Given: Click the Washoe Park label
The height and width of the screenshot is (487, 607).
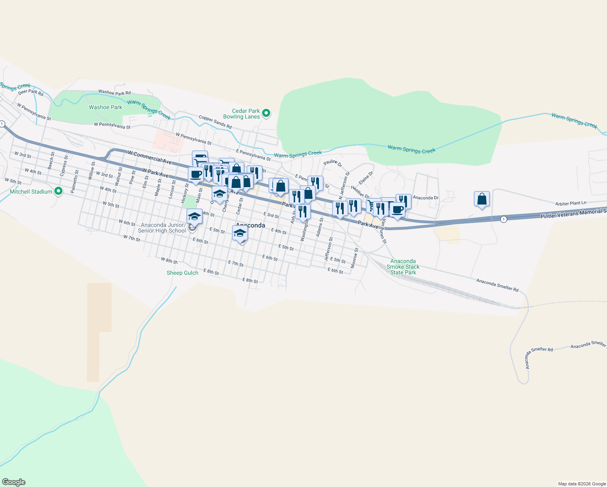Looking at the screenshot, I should point(105,107).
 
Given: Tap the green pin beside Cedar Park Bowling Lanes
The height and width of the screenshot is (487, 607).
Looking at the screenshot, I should point(266,113).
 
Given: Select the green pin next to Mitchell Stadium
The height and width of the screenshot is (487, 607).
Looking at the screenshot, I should point(58,191).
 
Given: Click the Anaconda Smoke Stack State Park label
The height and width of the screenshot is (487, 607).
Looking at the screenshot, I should point(403,267).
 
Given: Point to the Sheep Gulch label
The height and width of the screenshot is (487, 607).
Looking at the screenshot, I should point(183,273).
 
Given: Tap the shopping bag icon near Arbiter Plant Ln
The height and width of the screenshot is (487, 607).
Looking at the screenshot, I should point(482,199).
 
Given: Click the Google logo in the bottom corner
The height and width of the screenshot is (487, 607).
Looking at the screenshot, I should point(14,482).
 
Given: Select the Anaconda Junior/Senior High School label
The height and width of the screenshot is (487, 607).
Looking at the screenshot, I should point(162,228).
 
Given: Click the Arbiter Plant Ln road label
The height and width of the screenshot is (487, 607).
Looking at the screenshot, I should point(571,203).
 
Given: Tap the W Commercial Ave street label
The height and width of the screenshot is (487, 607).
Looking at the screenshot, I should point(150,157).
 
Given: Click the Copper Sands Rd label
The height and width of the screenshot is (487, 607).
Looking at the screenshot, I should point(215,122).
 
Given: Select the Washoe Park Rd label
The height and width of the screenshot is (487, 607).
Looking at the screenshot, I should point(114,93).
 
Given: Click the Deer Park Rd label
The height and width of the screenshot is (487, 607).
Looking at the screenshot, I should point(30,92).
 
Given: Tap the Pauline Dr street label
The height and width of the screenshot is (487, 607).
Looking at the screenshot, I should point(333,163).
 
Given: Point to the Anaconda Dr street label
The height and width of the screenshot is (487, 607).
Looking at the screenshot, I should point(426,198).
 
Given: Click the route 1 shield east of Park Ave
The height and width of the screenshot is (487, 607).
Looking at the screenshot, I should point(504,219).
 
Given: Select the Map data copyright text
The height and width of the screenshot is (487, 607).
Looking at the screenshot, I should point(582,484).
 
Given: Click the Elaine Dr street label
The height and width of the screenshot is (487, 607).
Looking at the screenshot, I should point(366,178).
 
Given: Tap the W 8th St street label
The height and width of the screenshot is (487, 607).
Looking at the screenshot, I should point(169,260).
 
